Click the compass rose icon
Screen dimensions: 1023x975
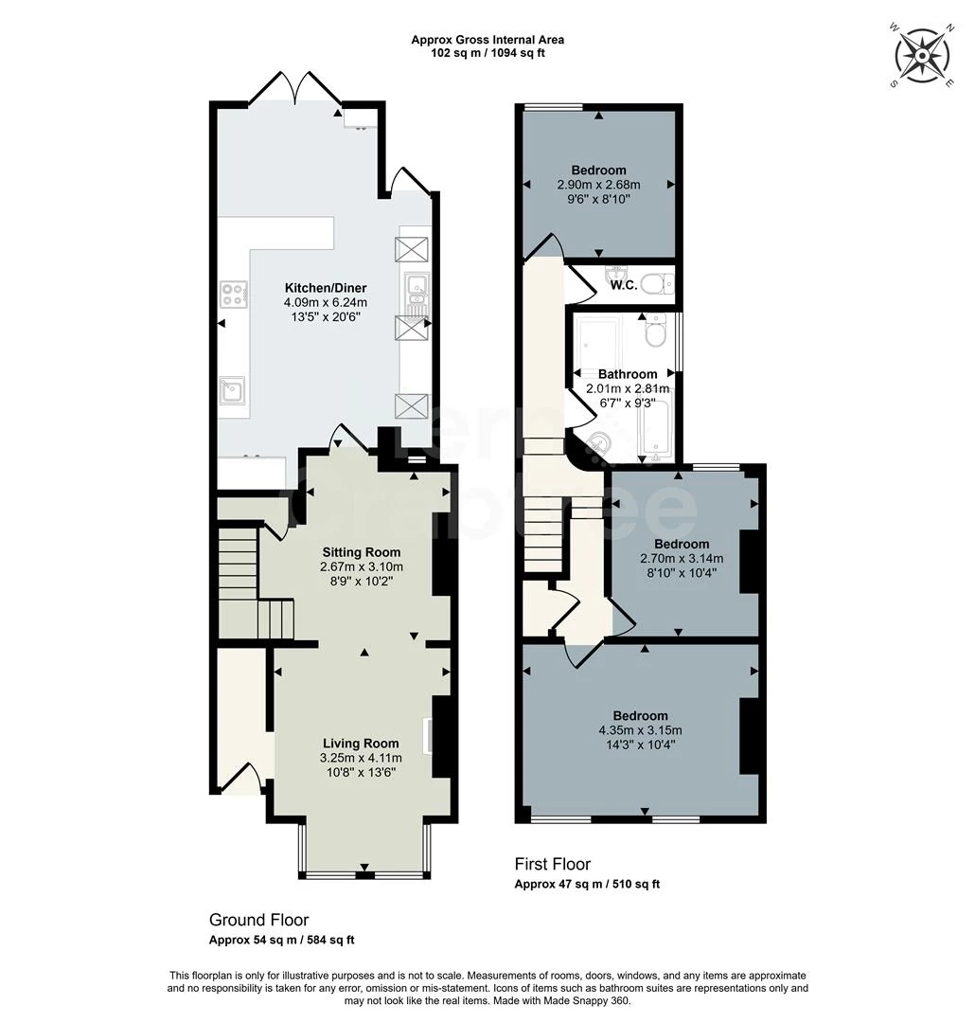tap(921, 56)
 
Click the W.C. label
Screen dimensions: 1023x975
tap(623, 285)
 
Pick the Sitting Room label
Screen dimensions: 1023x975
tap(361, 552)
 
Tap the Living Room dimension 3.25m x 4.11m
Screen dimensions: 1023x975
tap(361, 758)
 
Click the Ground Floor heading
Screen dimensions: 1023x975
tap(258, 920)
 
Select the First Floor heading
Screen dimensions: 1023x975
tap(552, 864)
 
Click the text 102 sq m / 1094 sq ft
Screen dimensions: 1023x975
tap(487, 53)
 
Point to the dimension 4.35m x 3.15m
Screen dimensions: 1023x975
tap(640, 730)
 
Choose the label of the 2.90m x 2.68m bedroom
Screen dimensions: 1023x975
tap(598, 170)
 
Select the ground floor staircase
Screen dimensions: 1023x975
tap(242, 583)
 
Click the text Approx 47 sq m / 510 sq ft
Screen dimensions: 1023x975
tap(587, 884)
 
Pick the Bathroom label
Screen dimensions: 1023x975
tap(627, 374)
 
